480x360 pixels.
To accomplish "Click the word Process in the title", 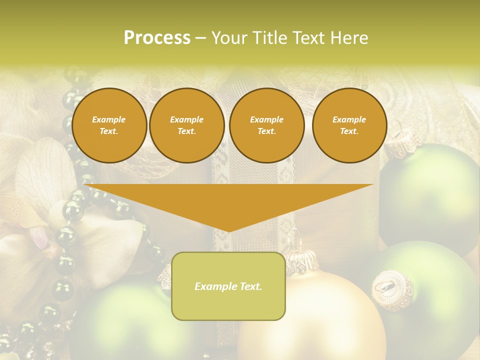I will pos(157,38).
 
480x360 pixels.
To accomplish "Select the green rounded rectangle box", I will pos(228,305).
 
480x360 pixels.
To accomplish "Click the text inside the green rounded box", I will pos(228,286).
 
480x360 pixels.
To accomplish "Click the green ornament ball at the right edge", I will pos(435,195).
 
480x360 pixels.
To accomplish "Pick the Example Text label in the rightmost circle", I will pos(349,125).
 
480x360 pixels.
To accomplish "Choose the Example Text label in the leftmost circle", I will pos(109,125).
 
